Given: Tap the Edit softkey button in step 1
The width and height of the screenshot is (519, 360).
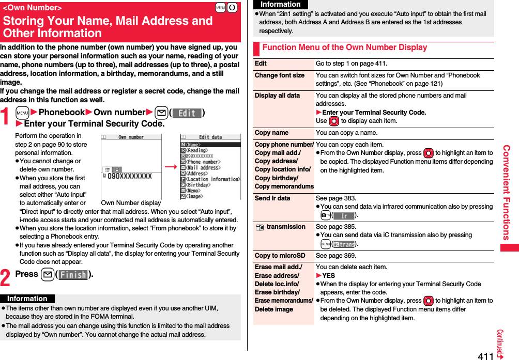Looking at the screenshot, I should click(x=187, y=113).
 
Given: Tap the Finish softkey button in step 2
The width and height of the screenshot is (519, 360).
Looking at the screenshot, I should click(x=73, y=275).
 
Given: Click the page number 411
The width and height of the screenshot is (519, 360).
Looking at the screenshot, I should click(x=485, y=355).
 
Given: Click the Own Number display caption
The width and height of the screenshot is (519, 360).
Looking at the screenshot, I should click(x=131, y=203).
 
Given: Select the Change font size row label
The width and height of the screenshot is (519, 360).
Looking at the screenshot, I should click(x=280, y=75).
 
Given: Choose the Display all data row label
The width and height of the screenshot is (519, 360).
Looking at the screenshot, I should click(x=277, y=96).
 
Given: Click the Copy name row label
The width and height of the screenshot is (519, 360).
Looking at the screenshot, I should click(x=271, y=133).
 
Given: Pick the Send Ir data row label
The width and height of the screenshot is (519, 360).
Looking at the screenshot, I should click(x=272, y=198).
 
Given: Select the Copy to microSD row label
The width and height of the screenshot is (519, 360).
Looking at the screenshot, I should click(x=280, y=256).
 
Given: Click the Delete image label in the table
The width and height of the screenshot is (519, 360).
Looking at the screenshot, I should click(x=273, y=309).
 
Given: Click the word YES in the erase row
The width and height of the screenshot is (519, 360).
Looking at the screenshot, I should click(x=328, y=276).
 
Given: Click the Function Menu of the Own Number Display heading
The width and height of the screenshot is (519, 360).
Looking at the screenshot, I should click(x=345, y=48).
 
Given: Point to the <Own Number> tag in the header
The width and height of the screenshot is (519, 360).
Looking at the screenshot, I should click(x=32, y=8).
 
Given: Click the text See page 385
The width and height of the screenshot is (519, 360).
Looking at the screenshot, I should click(x=335, y=227).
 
